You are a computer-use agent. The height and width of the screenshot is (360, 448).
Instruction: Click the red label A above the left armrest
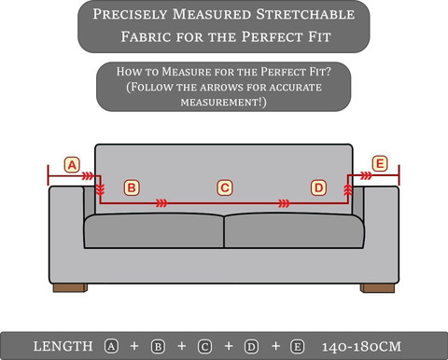(x=72, y=165)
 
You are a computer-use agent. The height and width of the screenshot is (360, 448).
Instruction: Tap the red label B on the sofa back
(x=132, y=187)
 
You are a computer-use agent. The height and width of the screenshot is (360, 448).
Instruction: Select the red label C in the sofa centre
(x=225, y=187)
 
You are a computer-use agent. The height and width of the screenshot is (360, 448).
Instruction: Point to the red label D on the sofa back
(x=318, y=187)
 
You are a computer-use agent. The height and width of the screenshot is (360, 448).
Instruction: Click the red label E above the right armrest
(x=380, y=163)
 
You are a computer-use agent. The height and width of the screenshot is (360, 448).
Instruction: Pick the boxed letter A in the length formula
(x=111, y=346)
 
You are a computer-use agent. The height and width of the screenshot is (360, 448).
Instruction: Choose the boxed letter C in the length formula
(x=204, y=346)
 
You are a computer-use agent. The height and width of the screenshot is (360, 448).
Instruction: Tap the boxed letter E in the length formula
(x=297, y=346)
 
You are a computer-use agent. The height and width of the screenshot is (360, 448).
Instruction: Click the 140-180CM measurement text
(x=361, y=346)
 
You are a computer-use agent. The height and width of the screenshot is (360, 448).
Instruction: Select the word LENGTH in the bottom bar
(x=63, y=346)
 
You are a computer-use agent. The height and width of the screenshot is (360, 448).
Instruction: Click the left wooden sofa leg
(x=70, y=287)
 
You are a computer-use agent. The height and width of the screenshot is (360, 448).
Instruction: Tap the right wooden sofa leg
(x=377, y=288)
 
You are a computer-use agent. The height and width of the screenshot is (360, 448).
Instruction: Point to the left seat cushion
(x=154, y=230)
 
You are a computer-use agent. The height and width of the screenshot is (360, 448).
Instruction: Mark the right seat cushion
(x=294, y=230)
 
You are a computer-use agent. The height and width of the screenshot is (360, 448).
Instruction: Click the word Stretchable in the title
(x=305, y=14)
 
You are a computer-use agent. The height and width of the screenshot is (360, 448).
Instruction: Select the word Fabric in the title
(x=146, y=36)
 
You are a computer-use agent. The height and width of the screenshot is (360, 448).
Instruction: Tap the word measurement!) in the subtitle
(x=224, y=102)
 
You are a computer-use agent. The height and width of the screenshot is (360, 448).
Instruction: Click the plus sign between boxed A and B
(x=134, y=346)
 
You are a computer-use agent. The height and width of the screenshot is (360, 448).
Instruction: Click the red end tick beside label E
(x=399, y=174)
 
